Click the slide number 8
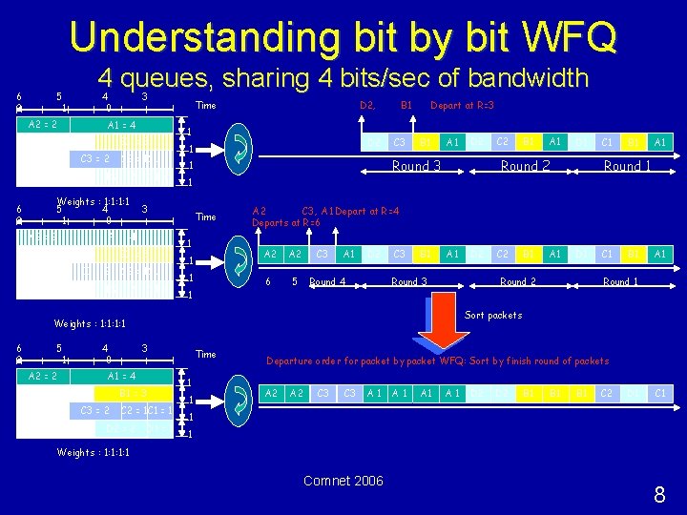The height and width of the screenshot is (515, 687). [x=658, y=494]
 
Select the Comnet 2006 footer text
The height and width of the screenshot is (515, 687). [x=343, y=481]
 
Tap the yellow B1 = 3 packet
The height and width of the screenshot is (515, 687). [x=133, y=393]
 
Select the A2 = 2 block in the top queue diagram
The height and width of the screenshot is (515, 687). [x=43, y=125]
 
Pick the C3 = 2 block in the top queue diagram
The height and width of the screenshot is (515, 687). [x=94, y=158]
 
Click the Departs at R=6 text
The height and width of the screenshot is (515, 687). [x=286, y=223]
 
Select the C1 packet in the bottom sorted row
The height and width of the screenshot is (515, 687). [x=659, y=393]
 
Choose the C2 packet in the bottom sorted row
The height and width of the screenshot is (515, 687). [x=606, y=393]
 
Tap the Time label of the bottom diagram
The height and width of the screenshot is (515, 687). [x=205, y=354]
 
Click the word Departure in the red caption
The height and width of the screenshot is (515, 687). [x=293, y=360]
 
